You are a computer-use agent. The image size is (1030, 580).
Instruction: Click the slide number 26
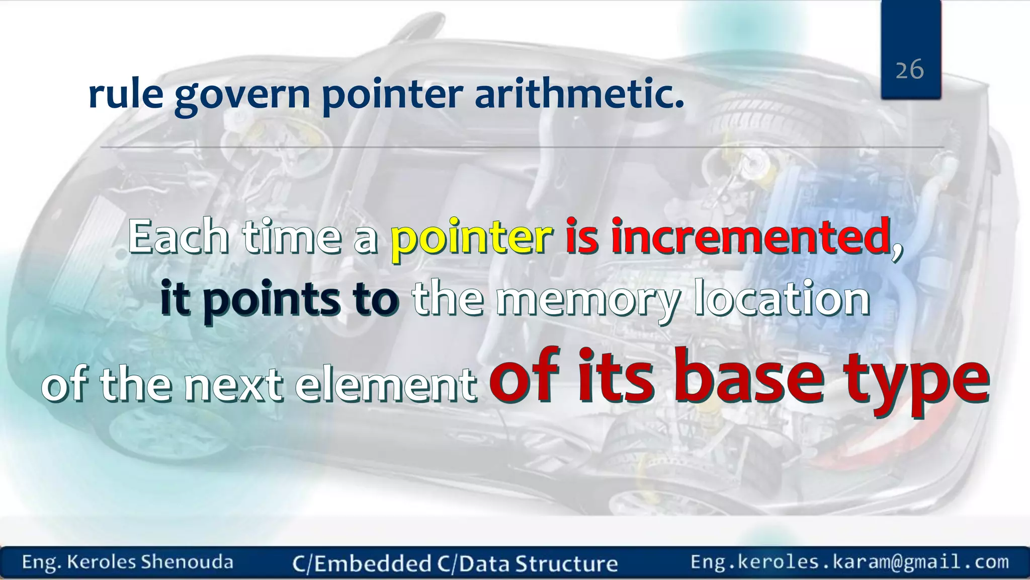909,69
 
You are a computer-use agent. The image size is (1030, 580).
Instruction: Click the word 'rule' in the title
126,94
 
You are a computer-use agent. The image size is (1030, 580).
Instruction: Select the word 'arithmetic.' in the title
579,94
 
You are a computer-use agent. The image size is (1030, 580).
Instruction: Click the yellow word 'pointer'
472,237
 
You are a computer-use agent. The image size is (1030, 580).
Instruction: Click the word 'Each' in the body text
179,237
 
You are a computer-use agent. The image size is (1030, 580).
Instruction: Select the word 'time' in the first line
292,237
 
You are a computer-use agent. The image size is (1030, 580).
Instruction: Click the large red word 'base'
748,378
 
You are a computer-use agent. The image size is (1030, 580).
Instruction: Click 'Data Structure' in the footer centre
538,563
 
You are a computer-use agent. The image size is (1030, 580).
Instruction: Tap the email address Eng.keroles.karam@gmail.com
849,562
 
